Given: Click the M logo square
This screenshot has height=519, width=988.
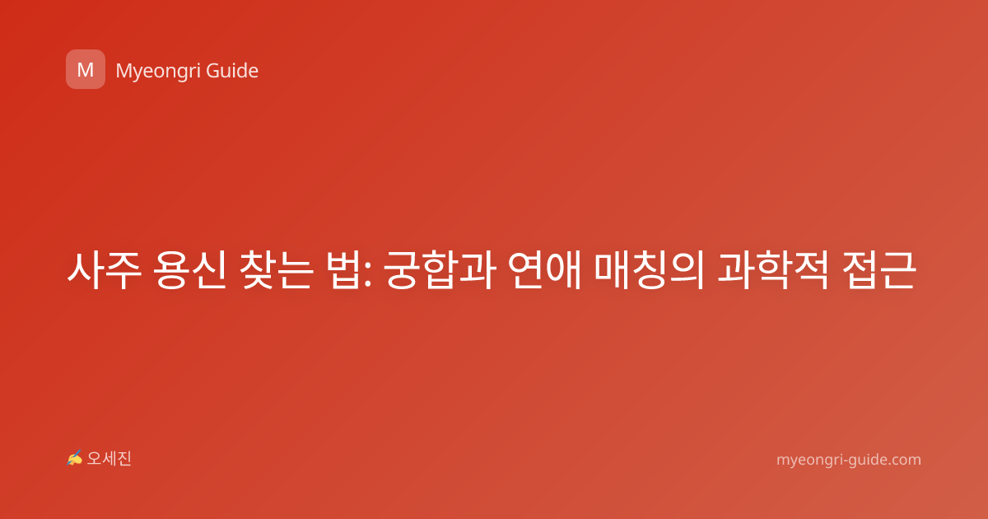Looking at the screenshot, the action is click(x=86, y=69).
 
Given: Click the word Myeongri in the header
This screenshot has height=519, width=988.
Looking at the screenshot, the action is click(x=158, y=71).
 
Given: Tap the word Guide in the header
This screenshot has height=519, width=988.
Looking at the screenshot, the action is click(x=232, y=70).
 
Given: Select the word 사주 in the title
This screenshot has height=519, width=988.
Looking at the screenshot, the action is click(x=104, y=270).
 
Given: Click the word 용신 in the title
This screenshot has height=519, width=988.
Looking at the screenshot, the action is click(x=190, y=270).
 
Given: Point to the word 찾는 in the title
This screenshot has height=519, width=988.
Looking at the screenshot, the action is click(x=276, y=270).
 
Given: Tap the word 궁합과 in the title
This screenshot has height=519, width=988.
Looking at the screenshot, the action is click(x=440, y=270).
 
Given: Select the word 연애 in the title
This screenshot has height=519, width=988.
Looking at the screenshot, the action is click(x=545, y=270).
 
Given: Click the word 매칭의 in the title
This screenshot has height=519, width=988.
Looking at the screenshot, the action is click(x=650, y=270).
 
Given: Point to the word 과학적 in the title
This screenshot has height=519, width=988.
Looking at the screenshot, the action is click(x=773, y=270).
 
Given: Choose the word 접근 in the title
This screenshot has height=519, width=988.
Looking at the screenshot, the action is click(x=878, y=270).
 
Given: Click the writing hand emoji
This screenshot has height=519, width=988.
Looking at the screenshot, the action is click(x=75, y=458).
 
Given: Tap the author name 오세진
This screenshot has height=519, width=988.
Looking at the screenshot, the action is click(x=109, y=459).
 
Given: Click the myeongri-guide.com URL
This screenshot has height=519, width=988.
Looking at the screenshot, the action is click(x=849, y=460).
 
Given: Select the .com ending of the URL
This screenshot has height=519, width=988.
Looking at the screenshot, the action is click(x=905, y=460).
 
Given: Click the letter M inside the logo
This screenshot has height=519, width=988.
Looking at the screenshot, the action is click(x=86, y=70).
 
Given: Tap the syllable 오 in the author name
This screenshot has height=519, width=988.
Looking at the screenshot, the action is click(x=95, y=459).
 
